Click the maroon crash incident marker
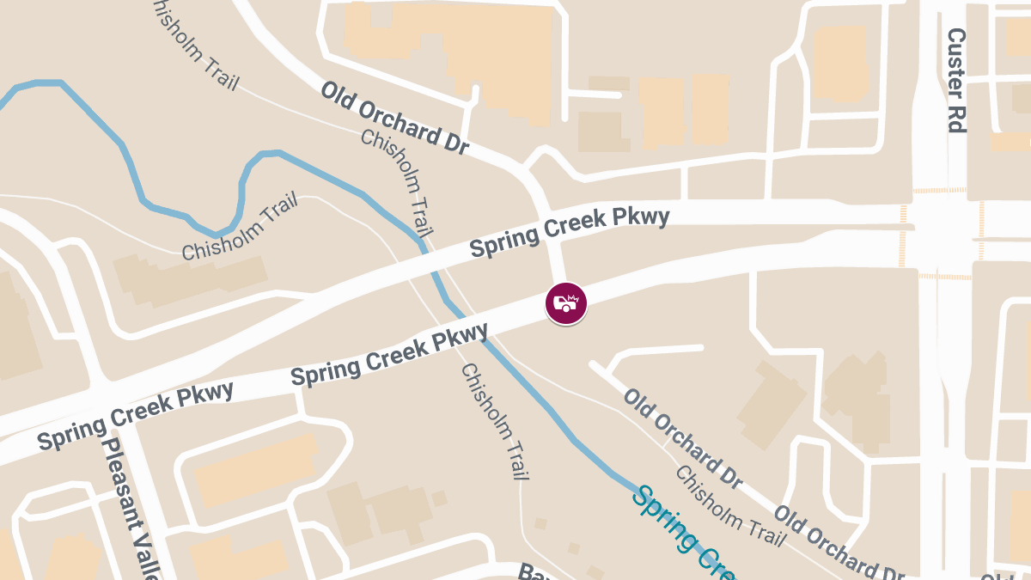[x=566, y=303]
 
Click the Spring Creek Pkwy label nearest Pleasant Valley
[x=136, y=416]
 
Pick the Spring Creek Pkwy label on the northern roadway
[x=569, y=232]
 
